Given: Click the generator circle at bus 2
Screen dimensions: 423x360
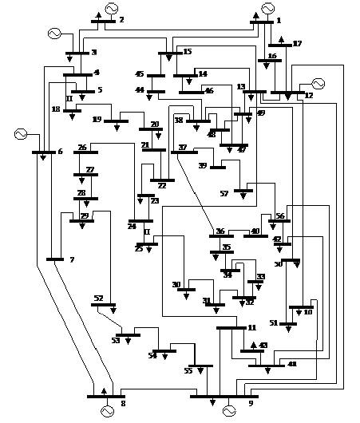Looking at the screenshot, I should (111, 9).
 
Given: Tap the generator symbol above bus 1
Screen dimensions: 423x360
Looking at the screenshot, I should (267, 9).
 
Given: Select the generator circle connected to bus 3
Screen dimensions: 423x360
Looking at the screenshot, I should (54, 34).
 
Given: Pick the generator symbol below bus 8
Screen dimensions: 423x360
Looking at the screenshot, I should (107, 410).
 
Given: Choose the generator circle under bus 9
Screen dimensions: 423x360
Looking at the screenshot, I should (229, 410).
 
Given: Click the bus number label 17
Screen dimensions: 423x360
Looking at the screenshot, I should (297, 44).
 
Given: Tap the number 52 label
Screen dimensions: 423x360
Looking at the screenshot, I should (98, 298).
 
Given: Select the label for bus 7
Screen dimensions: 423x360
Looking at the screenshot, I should (71, 261).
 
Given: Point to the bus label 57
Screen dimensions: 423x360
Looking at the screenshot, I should (224, 194).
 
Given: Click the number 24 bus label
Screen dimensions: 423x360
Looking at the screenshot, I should (131, 227).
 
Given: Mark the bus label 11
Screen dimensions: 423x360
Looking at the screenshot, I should (251, 328).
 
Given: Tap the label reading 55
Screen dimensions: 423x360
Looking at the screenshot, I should (188, 371).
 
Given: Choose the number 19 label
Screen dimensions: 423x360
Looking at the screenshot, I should (97, 121).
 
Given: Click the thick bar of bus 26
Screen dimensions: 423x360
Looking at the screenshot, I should (86, 152).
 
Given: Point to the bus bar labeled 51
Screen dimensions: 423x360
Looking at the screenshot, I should (288, 323).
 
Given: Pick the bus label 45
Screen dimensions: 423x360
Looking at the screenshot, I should (140, 74).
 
